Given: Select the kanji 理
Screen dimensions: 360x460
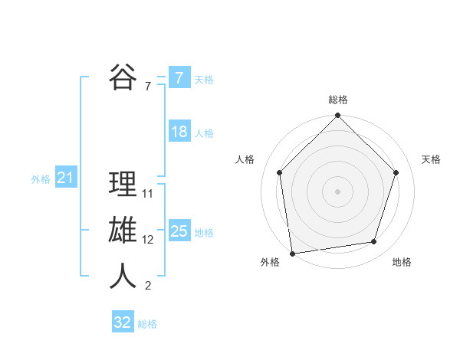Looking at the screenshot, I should (123, 185).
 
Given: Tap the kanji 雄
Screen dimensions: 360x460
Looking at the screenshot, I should (123, 231).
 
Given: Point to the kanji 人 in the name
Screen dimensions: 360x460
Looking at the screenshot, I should (123, 277).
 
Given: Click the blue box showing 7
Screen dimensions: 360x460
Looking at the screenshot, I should (179, 78).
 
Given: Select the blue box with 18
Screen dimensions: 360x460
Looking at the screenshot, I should (179, 132).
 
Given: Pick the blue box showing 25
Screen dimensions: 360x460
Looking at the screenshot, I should (179, 231).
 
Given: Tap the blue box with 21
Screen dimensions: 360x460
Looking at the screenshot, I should (65, 178).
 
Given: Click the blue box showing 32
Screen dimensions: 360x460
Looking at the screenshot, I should (123, 322).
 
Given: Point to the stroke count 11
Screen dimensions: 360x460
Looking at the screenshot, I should (148, 194).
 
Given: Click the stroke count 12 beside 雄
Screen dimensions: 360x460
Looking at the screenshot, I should (148, 240).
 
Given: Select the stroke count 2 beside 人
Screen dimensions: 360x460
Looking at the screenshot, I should (148, 286).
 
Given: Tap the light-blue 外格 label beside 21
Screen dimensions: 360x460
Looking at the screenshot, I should (41, 179).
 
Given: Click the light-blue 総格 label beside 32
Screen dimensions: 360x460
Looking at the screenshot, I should (147, 324).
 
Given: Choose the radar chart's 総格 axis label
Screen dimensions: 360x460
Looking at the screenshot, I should (337, 100).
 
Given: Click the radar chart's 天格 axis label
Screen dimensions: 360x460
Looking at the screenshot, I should (431, 159).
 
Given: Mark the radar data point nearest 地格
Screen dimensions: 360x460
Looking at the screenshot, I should (374, 242).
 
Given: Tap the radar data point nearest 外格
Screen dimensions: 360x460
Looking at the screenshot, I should (293, 253).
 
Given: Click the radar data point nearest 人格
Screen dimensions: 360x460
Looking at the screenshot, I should (280, 172).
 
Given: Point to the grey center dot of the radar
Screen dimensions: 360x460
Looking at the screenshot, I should (337, 191).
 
